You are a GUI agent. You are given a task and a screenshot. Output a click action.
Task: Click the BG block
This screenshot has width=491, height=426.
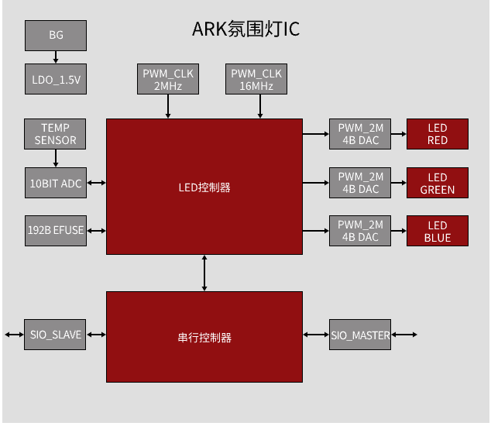tap(56, 36)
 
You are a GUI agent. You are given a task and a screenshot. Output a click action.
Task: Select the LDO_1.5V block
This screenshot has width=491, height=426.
tap(56, 79)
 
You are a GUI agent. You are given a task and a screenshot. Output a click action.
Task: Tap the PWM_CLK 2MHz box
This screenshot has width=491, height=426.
tap(168, 79)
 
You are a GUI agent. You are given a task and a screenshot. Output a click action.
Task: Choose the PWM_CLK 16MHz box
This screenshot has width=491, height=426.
tap(256, 79)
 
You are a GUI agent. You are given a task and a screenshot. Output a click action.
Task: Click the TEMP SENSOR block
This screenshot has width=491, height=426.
tap(55, 134)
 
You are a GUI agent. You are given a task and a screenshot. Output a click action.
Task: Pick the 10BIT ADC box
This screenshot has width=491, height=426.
tap(56, 183)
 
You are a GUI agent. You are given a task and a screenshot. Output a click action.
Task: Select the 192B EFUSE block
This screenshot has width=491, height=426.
tap(56, 231)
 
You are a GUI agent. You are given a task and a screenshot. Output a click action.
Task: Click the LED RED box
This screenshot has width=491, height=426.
tap(438, 134)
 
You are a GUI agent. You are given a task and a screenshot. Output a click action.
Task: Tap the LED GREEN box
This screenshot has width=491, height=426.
tap(438, 183)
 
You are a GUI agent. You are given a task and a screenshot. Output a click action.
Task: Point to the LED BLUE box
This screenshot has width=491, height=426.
tap(438, 231)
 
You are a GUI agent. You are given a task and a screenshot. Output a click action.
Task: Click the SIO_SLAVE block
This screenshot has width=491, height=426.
tap(55, 335)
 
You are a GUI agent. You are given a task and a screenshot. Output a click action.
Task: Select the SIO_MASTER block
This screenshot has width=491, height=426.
tap(360, 335)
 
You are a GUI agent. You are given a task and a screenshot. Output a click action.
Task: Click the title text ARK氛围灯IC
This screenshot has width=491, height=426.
tap(245, 29)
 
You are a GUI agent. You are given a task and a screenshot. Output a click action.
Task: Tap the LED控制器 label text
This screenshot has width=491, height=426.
tap(204, 187)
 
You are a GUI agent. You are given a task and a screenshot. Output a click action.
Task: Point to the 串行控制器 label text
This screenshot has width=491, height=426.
tap(204, 338)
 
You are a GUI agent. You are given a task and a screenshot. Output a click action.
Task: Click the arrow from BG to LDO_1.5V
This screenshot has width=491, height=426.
tap(56, 57)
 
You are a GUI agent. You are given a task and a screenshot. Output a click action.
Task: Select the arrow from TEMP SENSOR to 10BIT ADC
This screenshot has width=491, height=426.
tap(56, 158)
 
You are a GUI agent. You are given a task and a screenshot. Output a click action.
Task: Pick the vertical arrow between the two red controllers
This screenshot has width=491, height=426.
tap(204, 273)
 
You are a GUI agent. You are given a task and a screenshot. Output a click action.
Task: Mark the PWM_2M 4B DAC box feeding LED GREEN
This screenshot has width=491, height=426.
tap(360, 183)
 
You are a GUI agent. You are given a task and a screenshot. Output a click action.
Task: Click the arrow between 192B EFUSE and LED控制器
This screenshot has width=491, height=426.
tap(97, 231)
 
